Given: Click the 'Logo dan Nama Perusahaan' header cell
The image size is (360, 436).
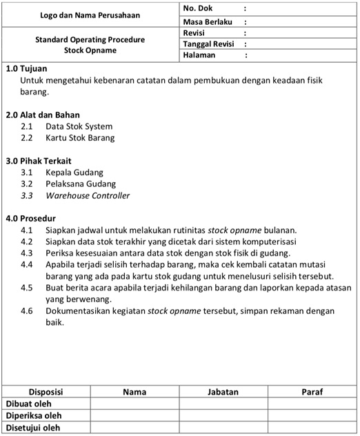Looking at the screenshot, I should click(x=90, y=14).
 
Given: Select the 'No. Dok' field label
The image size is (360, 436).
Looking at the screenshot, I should click(x=198, y=8).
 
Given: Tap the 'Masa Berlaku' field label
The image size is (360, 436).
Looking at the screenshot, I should click(x=206, y=21).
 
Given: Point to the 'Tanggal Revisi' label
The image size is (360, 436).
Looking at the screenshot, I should click(x=209, y=43).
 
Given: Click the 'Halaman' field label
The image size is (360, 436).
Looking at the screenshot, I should click(x=200, y=54).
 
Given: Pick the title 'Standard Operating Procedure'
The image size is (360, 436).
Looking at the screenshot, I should click(x=90, y=39).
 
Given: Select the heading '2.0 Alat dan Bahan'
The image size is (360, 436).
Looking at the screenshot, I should click(x=43, y=115).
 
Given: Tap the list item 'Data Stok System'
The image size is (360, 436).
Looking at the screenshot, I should click(x=79, y=126).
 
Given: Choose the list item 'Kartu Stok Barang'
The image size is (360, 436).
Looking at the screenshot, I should click(x=80, y=137).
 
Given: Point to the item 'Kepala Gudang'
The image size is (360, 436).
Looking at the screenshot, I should click(x=74, y=172).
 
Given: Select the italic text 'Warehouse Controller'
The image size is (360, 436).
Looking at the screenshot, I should click(x=88, y=195).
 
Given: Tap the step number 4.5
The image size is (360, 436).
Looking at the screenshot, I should click(x=27, y=287).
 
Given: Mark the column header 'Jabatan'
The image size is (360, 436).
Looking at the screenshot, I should click(x=223, y=392).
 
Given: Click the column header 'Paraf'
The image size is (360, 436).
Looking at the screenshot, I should click(x=312, y=392).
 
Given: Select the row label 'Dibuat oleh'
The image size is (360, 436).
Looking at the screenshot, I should click(x=29, y=404).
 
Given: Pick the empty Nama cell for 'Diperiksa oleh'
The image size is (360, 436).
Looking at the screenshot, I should click(x=134, y=415).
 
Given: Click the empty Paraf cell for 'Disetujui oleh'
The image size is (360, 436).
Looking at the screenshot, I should click(x=312, y=428).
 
